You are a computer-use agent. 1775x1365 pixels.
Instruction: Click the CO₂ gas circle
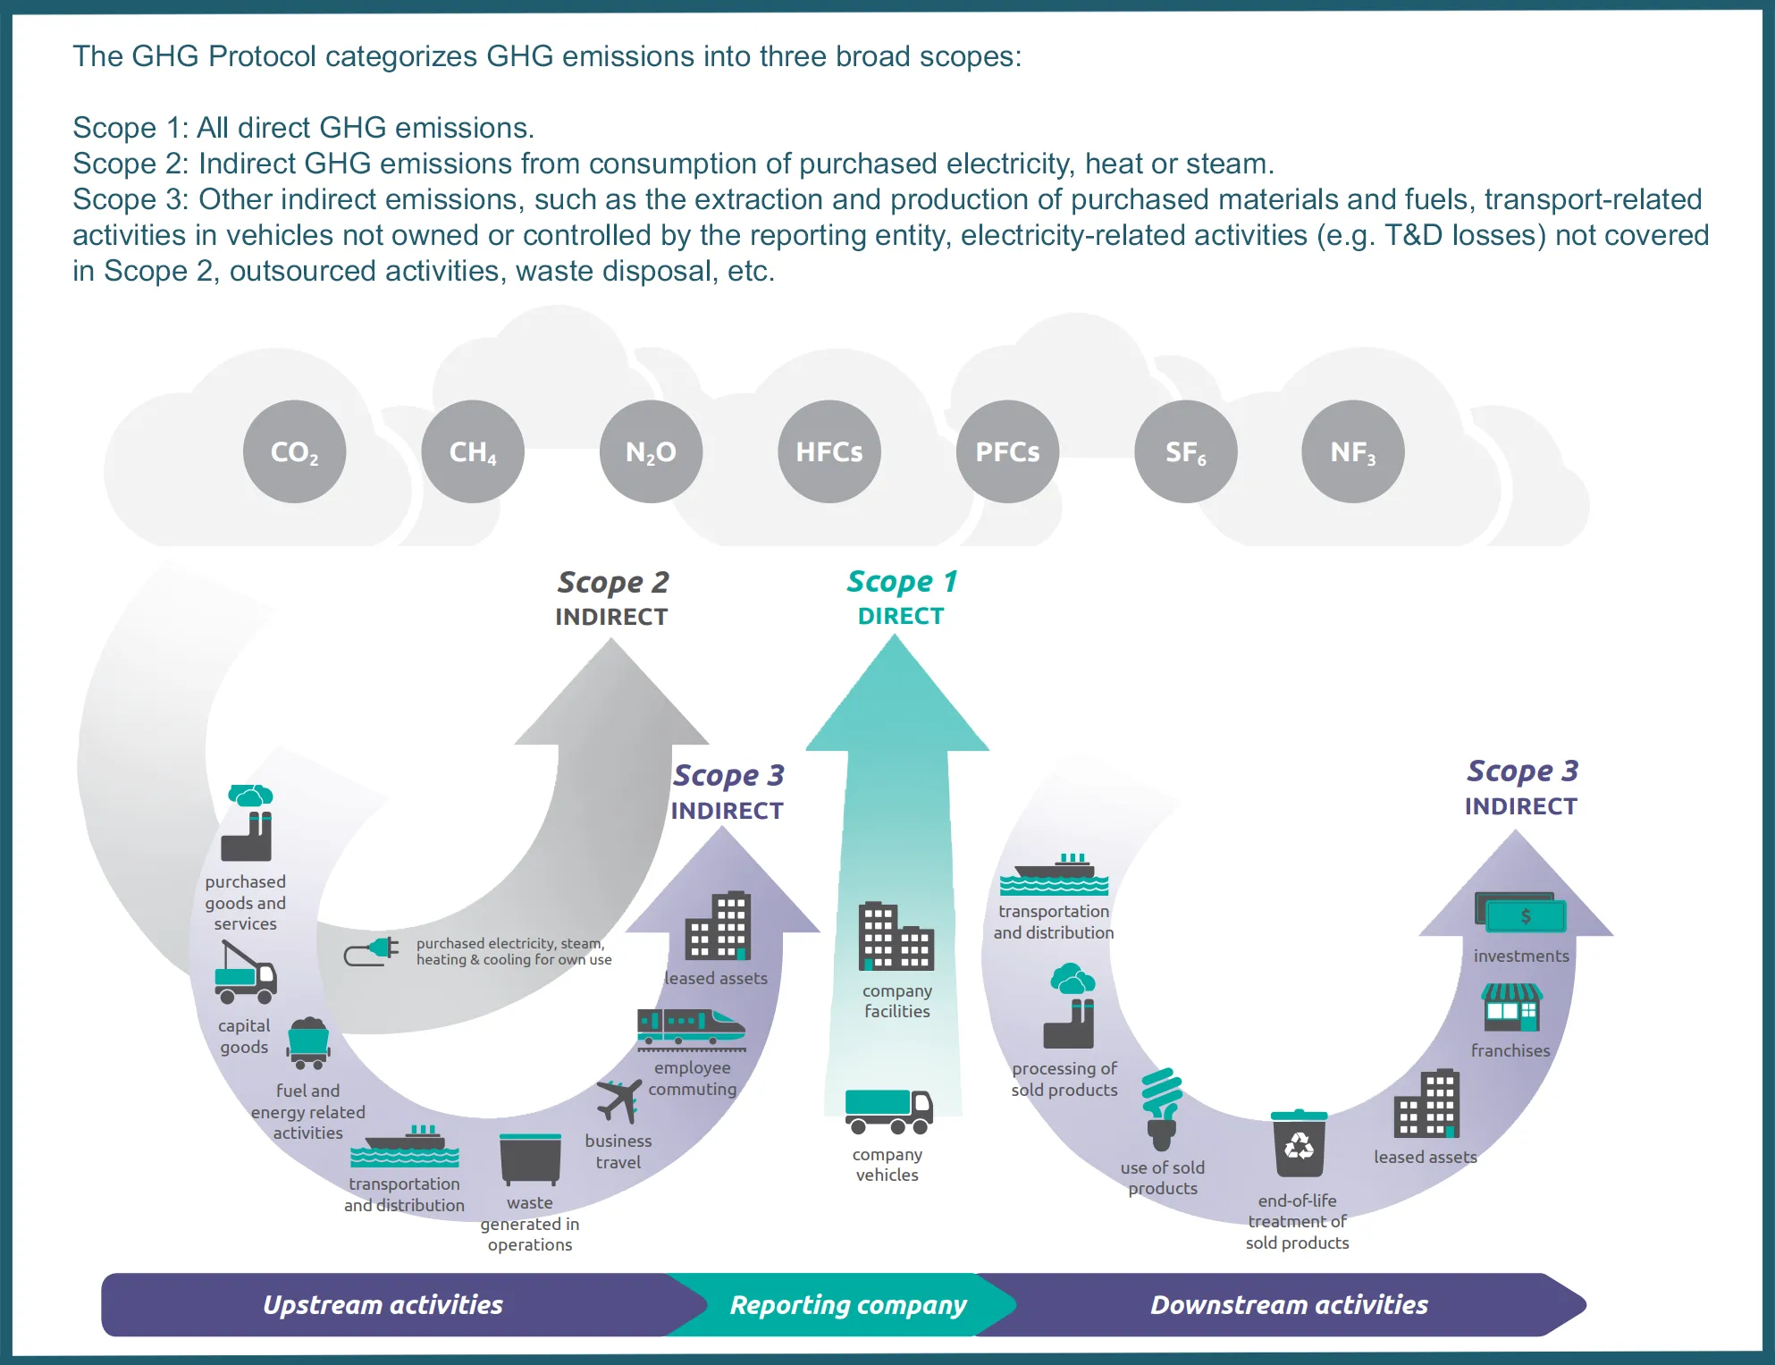point(294,451)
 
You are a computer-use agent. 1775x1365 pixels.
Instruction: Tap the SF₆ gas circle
point(1185,451)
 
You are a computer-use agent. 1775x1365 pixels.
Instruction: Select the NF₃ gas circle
point(1352,451)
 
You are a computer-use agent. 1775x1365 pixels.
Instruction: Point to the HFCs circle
point(829,451)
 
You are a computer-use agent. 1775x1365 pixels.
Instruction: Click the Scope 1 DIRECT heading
point(901,597)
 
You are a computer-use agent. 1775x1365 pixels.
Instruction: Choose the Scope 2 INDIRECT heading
point(612,598)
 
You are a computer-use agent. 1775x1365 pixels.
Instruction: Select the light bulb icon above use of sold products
point(1162,1108)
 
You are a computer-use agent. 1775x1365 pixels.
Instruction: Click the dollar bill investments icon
point(1521,914)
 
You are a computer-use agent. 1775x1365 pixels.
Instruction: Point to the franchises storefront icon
point(1511,1007)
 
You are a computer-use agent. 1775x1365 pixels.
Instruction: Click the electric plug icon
point(372,951)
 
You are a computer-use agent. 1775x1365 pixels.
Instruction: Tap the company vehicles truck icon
point(888,1111)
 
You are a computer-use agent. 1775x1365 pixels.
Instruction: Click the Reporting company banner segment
point(847,1305)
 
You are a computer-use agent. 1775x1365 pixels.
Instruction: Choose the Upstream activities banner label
point(383,1305)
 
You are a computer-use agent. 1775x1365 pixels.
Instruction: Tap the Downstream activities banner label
point(1288,1305)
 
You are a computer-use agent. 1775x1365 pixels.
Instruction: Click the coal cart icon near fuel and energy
point(308,1043)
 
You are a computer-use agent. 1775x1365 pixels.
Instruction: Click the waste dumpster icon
point(530,1159)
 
